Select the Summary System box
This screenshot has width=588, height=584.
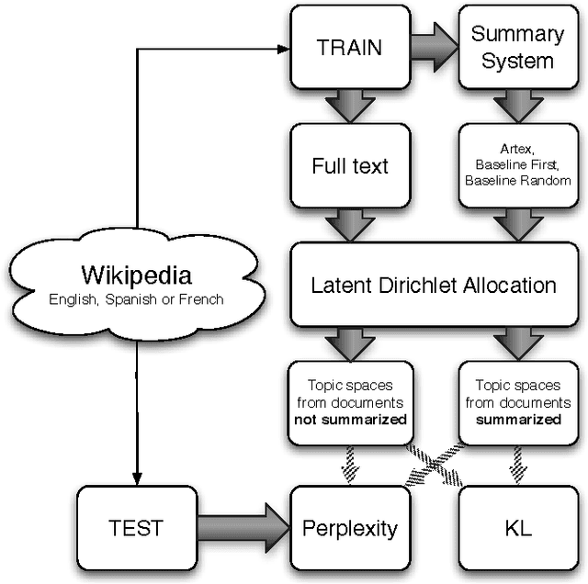click(516, 47)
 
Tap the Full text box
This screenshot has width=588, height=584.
click(349, 166)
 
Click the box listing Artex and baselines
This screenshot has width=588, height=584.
click(516, 165)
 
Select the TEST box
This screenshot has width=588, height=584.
click(135, 528)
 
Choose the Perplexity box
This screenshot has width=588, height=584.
click(349, 528)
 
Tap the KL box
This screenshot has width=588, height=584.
click(517, 528)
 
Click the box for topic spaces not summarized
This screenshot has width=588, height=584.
click(349, 403)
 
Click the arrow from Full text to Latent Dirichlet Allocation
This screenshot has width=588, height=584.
click(349, 224)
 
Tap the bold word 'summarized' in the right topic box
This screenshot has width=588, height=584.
click(517, 419)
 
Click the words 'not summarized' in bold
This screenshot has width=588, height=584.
click(349, 419)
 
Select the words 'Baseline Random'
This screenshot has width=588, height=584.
click(517, 181)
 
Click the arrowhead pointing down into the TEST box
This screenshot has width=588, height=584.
click(135, 478)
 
